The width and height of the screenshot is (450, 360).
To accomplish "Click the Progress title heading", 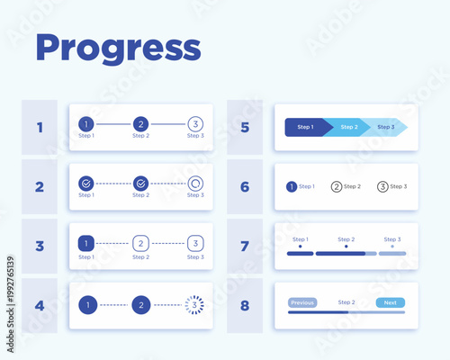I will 117,49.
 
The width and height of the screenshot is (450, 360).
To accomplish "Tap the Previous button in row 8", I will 302,302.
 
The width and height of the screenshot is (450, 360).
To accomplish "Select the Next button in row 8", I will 390,302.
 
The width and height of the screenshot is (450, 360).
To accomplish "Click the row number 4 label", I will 40,305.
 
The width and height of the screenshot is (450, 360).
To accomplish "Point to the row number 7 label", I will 245,246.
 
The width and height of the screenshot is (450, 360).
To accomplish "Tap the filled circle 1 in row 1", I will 85,124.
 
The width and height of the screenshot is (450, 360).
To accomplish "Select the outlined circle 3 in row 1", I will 195,124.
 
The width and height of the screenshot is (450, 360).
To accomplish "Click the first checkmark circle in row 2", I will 85,184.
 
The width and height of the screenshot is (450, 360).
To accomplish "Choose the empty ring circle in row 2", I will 195,184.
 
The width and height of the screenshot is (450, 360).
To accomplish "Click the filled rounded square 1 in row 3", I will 85,243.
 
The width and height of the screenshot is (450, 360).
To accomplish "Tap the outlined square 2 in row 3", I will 140,243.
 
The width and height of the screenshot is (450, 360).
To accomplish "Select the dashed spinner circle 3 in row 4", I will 195,305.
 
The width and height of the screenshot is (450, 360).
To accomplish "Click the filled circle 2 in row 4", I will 140,305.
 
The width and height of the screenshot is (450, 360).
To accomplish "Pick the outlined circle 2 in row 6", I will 337,186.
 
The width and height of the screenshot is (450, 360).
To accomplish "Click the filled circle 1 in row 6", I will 291,186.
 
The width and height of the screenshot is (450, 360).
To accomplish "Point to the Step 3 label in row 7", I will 391,239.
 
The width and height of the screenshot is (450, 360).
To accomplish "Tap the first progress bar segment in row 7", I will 300,254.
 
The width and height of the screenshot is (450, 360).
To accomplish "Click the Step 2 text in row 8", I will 346,302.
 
